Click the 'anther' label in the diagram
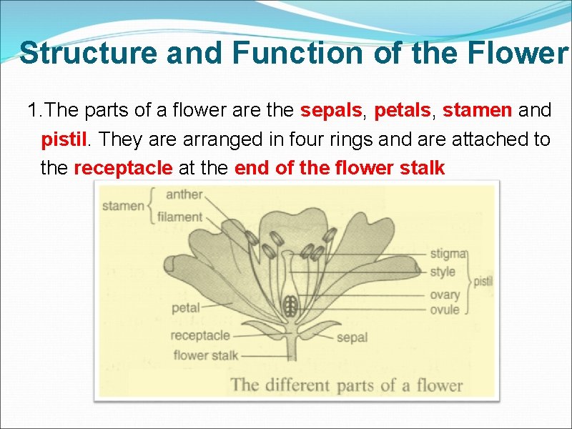click(184, 194)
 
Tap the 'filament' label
click(179, 217)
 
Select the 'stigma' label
click(448, 253)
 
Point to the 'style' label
click(443, 272)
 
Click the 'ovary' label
click(445, 295)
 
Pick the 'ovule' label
click(445, 310)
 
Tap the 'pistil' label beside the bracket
click(483, 281)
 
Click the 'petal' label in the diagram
click(186, 309)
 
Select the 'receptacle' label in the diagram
click(200, 335)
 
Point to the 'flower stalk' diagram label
click(205, 355)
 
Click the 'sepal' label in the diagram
click(352, 337)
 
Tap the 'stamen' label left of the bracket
click(123, 206)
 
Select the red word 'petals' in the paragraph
click(402, 111)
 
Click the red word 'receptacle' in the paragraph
click(124, 168)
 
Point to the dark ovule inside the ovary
click(290, 307)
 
